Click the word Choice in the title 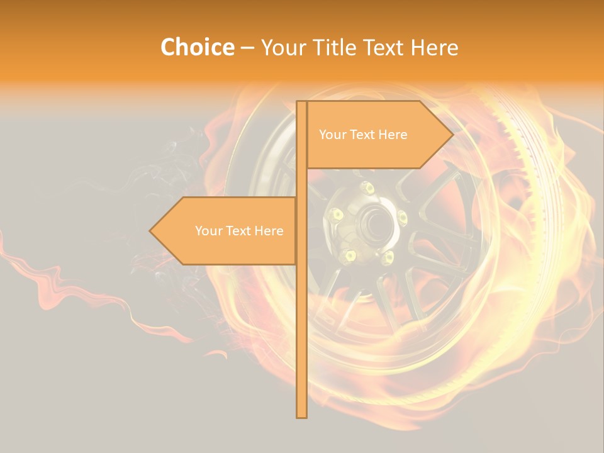[197, 47]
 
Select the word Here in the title [434, 47]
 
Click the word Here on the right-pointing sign [393, 135]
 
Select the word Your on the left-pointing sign [208, 231]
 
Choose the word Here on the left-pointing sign [269, 231]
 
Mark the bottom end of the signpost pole [301, 417]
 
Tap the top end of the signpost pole [301, 102]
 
